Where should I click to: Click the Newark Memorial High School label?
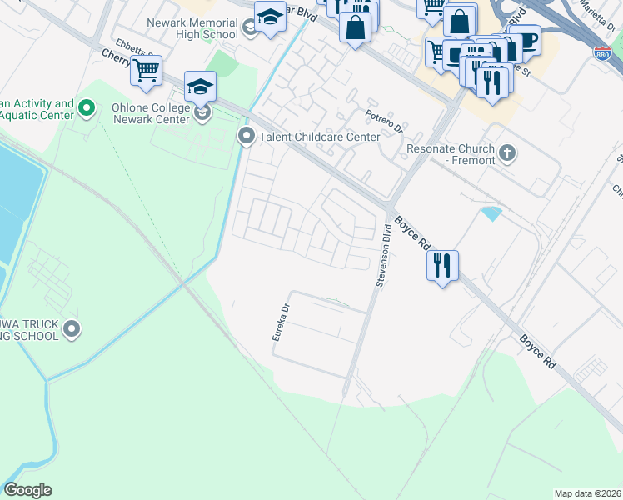tap(192, 28)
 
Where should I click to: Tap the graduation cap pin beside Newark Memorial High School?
tap(270, 17)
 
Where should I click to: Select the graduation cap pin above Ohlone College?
tap(200, 86)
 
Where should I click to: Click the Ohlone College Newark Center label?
tap(158, 112)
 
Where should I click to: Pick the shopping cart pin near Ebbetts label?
tap(147, 71)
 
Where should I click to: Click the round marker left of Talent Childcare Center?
tap(246, 136)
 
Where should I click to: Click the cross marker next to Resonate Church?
tap(507, 152)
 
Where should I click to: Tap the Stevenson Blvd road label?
tap(383, 255)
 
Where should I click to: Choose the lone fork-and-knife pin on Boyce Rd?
tap(442, 266)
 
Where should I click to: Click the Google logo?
tap(27, 490)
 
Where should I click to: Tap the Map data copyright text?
tap(588, 493)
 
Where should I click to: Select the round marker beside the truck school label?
tap(72, 329)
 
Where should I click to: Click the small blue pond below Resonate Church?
tap(491, 213)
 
